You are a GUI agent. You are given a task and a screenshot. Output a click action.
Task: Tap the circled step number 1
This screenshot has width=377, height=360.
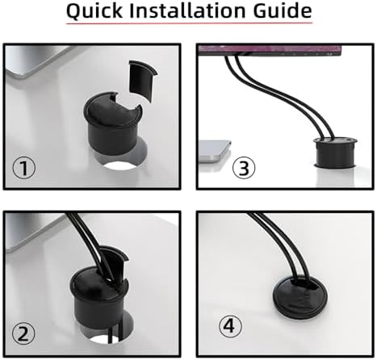click(27, 170)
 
